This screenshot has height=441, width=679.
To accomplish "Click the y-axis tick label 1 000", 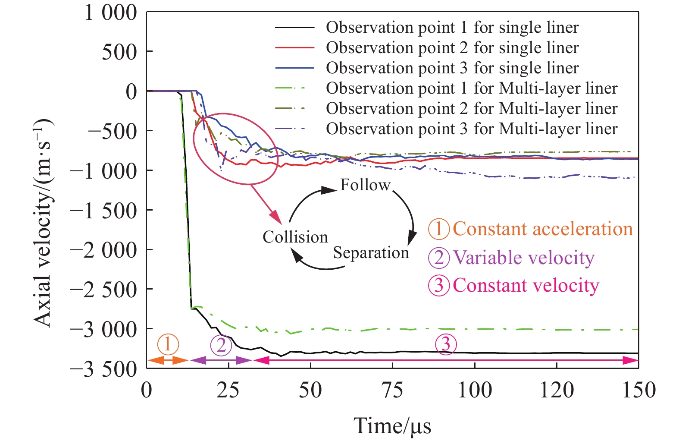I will pos(110,13).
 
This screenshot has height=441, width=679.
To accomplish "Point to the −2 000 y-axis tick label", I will pos(103,250).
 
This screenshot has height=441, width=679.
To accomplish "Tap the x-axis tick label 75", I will pos(392,390).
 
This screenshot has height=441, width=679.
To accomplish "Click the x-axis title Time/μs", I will pos(392,426).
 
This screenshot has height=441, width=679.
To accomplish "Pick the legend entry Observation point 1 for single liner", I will pos(452,28).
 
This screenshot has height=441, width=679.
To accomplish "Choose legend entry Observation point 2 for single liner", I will pos(452,48).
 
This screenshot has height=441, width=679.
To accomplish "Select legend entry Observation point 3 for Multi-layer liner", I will pos(472,129).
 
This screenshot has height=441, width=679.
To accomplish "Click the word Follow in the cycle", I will pos(365,185).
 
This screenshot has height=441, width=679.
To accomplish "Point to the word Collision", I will pos(295,237).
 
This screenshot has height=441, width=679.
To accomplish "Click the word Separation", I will pos(371,253).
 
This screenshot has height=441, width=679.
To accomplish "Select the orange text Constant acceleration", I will pos(543,229).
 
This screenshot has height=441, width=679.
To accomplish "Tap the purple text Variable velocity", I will pos(524,258).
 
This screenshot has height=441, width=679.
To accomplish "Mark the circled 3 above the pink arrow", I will pos(445,344).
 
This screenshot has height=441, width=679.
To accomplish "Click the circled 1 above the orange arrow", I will pos(168,344).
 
